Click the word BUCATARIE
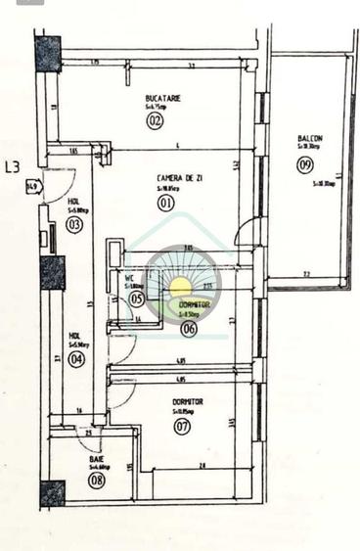point(162,98)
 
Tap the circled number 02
point(155,121)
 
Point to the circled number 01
point(165,204)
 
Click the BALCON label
point(310,139)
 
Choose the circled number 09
point(305,164)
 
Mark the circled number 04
point(75,359)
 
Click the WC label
point(129,278)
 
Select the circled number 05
point(137,298)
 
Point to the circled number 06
point(189,328)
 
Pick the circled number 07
point(182,426)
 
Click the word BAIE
point(96,458)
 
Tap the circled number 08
point(96,480)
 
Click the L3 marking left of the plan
point(14,166)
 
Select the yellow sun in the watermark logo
point(182,287)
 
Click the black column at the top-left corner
point(47,54)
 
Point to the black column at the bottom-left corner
point(52,493)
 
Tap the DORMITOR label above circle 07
point(187,402)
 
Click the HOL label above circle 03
point(73,202)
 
